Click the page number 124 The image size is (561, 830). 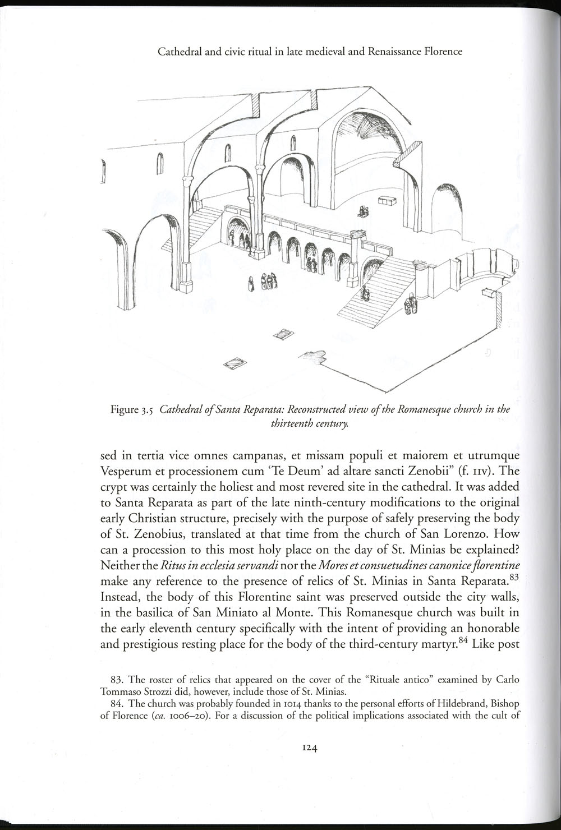coord(310,747)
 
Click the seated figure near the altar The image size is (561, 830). coord(364,211)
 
